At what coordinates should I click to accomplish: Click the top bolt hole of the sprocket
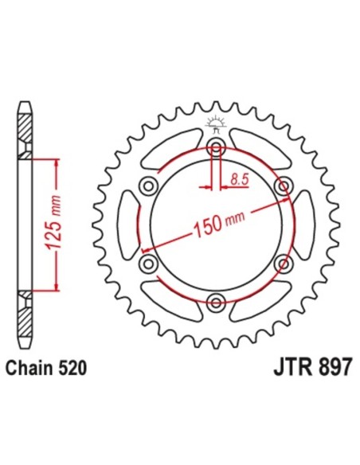point(215,147)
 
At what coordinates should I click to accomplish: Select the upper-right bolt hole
point(281,186)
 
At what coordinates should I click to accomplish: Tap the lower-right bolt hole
point(281,262)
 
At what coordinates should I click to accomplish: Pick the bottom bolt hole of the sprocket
point(215,300)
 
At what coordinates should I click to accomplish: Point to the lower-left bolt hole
point(148,262)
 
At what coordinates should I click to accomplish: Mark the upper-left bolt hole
point(148,186)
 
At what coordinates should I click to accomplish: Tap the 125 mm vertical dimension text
point(55,224)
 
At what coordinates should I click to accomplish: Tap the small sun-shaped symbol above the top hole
point(213,123)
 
